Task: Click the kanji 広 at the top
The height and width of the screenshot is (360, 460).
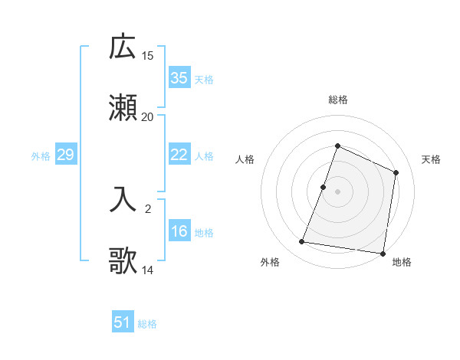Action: (x=123, y=47)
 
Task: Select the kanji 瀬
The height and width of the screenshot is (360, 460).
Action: (x=123, y=108)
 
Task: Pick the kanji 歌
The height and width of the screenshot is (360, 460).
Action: (x=123, y=260)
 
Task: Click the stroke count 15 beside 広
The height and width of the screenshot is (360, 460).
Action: (x=148, y=56)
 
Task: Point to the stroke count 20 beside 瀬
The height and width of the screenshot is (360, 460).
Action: (x=148, y=116)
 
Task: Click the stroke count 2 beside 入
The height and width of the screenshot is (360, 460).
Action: (x=148, y=208)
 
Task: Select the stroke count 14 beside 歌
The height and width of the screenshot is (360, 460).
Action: (x=148, y=270)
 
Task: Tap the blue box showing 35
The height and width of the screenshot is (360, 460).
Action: (x=179, y=77)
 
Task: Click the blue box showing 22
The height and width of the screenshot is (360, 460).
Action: (x=179, y=155)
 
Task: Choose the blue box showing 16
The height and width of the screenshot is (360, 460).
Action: (x=179, y=231)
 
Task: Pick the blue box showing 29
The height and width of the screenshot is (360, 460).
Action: (x=65, y=155)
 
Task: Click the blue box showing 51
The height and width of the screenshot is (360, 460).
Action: (x=123, y=322)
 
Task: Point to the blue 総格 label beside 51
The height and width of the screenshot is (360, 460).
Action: (x=147, y=324)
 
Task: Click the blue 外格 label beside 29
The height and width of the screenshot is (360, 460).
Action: (x=41, y=156)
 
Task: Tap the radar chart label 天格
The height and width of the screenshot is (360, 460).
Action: (x=431, y=159)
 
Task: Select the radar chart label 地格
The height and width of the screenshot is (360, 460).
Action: (x=402, y=262)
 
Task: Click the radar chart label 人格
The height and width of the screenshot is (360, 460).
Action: (x=245, y=159)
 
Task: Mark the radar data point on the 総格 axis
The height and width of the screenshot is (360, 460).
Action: (x=337, y=146)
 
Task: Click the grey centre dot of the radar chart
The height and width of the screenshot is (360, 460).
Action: (x=337, y=191)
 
